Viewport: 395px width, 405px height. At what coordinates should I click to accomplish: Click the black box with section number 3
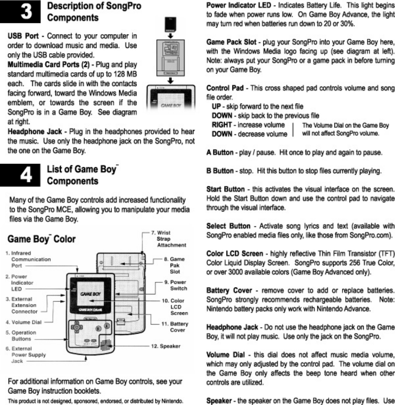(20, 12)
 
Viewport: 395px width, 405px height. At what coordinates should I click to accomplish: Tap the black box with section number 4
(20, 175)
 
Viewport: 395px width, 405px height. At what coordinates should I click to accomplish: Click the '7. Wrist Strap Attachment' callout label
(168, 239)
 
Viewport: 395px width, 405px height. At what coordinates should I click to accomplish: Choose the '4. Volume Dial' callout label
(23, 322)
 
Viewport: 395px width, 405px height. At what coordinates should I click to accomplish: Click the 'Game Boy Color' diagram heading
(41, 239)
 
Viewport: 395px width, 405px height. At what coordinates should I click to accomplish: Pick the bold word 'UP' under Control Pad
(216, 107)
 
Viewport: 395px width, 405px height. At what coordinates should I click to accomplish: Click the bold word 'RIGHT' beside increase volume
(222, 125)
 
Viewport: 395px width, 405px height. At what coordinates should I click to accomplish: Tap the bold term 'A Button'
(220, 153)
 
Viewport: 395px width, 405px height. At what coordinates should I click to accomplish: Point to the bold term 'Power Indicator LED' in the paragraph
(238, 5)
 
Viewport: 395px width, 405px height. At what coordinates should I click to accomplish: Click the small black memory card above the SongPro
(171, 24)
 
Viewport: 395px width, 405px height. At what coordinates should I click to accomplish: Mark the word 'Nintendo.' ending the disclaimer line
(172, 401)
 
